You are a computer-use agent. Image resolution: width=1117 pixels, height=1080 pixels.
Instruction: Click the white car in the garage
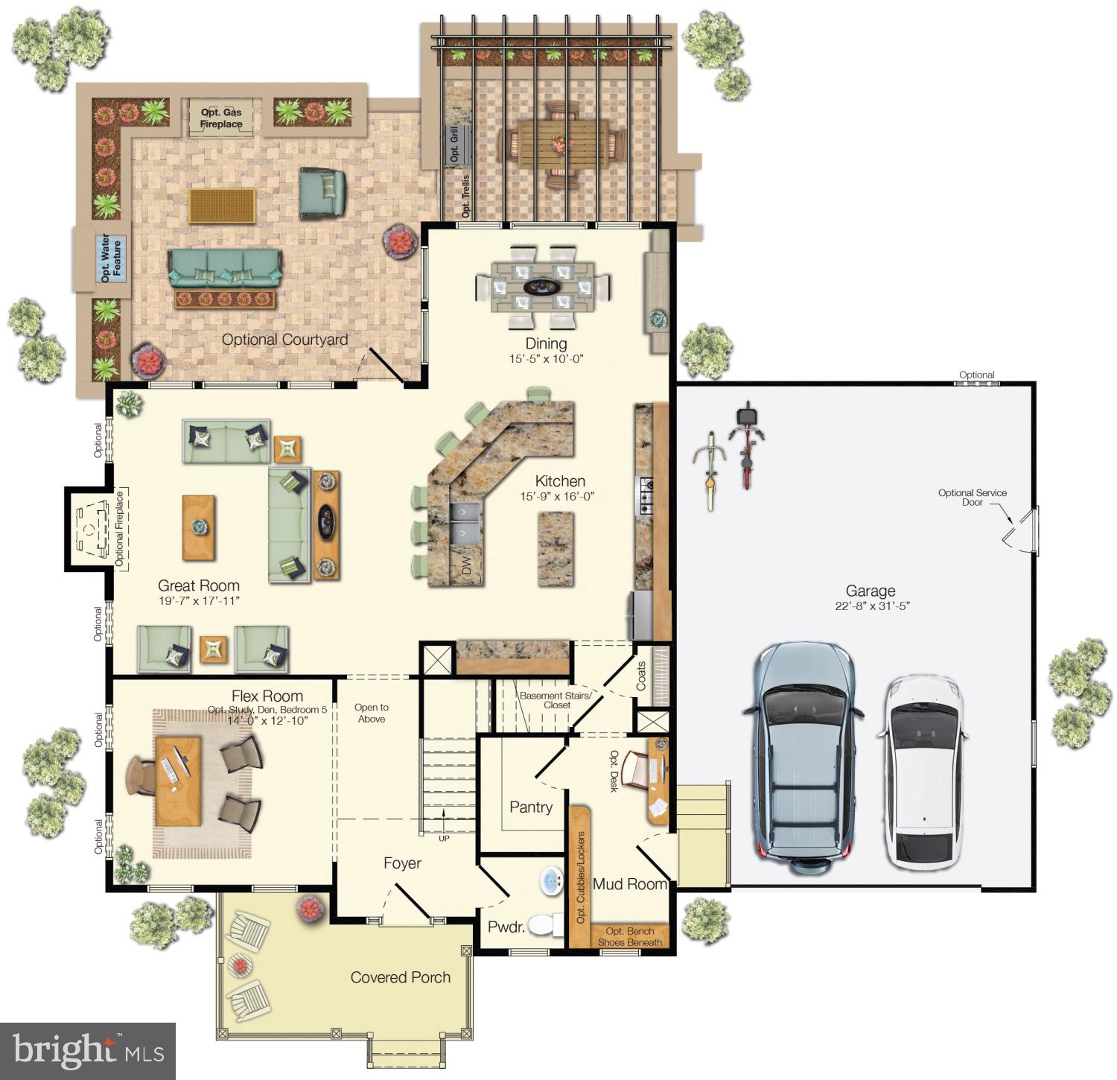point(922,772)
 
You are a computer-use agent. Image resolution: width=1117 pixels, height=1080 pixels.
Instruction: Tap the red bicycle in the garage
point(747,445)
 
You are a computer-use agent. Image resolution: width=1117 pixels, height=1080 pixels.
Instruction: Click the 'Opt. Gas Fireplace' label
point(221,118)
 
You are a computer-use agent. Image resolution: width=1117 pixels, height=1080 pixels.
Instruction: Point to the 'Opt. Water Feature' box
point(110,258)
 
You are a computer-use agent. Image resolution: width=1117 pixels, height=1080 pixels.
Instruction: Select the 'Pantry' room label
point(530,807)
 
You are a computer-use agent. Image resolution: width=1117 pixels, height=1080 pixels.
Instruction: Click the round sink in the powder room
point(552,881)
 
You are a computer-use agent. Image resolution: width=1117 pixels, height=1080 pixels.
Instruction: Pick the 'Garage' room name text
point(870,591)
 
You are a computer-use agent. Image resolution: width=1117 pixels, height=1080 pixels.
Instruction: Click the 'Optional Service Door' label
point(972,498)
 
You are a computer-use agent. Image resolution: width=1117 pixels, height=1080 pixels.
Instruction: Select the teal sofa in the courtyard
point(225,268)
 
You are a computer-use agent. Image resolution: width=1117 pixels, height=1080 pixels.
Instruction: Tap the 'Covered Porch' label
point(400,977)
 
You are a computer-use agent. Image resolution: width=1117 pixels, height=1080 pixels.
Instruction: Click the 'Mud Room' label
point(629,884)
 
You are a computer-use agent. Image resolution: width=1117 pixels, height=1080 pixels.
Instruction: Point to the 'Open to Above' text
point(371,713)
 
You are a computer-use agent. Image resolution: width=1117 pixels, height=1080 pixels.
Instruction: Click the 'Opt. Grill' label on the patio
point(454,144)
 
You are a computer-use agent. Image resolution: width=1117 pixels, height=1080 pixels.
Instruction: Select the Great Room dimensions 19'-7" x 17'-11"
point(199,601)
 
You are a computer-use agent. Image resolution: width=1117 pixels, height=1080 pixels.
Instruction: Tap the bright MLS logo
point(88,1051)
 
